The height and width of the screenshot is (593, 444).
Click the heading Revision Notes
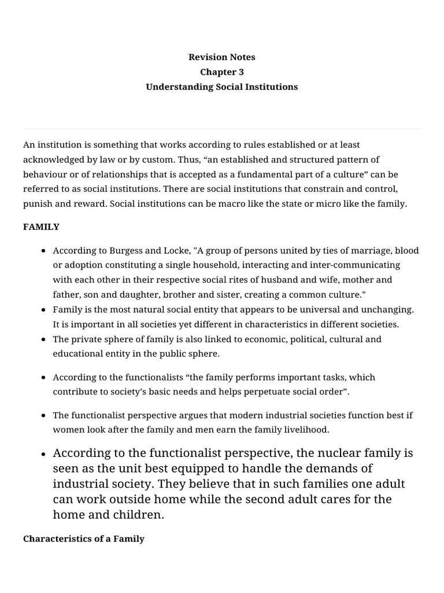pos(221,57)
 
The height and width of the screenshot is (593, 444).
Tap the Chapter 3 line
pos(221,72)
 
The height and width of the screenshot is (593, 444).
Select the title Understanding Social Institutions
pos(221,87)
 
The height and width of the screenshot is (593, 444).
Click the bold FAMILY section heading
pos(41,227)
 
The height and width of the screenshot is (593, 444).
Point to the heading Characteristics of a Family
pos(84,539)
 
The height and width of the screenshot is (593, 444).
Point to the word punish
pos(38,204)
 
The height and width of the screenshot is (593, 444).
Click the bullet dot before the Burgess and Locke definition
pos(44,251)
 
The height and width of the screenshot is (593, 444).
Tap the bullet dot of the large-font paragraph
pos(44,454)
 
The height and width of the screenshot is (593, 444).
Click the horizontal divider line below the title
pos(221,129)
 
